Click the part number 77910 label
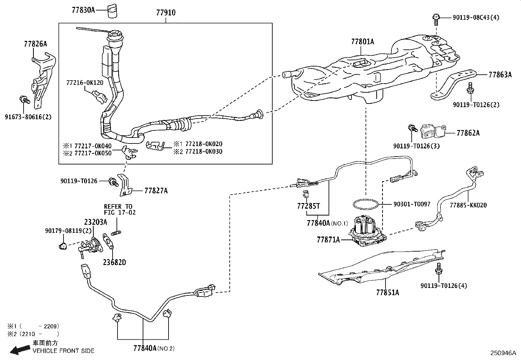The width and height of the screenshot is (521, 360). point(166,12)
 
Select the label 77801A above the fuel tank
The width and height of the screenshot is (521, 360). point(363,42)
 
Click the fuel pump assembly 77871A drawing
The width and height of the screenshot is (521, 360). point(368,231)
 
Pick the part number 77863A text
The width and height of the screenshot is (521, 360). point(500,75)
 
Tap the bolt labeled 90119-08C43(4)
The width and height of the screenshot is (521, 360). point(436,20)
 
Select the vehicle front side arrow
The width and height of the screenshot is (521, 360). point(20,350)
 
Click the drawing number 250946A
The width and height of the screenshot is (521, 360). point(503,353)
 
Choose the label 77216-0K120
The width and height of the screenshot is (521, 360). point(85,83)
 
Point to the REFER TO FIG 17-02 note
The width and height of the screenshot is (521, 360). point(120,209)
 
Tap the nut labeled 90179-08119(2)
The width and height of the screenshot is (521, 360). point(63,246)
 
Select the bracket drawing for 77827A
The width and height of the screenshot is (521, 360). point(125,185)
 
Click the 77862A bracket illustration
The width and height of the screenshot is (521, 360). point(433,132)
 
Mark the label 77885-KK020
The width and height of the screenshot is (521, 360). point(468,205)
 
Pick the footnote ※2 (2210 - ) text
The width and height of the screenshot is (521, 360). point(33,334)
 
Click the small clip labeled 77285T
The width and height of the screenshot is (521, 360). point(306,193)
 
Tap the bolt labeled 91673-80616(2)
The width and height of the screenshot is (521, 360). point(25,100)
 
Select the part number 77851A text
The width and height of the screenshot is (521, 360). point(387,293)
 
